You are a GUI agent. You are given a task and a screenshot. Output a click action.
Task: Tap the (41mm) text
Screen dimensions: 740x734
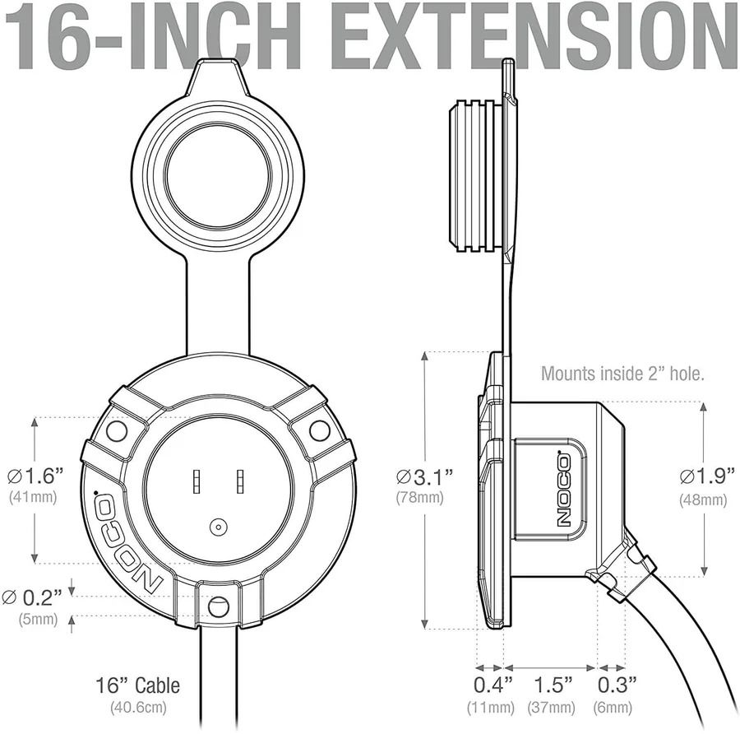tap(33, 497)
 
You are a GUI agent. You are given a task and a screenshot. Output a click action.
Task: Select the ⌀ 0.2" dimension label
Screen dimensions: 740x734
tap(32, 597)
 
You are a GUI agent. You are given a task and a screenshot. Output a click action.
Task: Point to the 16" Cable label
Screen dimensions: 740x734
tap(138, 685)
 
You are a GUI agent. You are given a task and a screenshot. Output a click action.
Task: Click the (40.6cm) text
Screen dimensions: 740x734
tap(139, 707)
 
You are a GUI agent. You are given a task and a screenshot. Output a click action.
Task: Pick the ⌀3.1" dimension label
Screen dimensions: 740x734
tap(425, 477)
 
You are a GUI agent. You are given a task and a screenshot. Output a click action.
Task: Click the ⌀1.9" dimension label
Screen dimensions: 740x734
tap(707, 475)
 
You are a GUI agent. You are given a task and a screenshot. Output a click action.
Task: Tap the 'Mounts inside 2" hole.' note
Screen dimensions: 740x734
tap(622, 373)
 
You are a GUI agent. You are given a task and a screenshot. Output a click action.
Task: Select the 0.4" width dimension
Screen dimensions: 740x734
tap(493, 685)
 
